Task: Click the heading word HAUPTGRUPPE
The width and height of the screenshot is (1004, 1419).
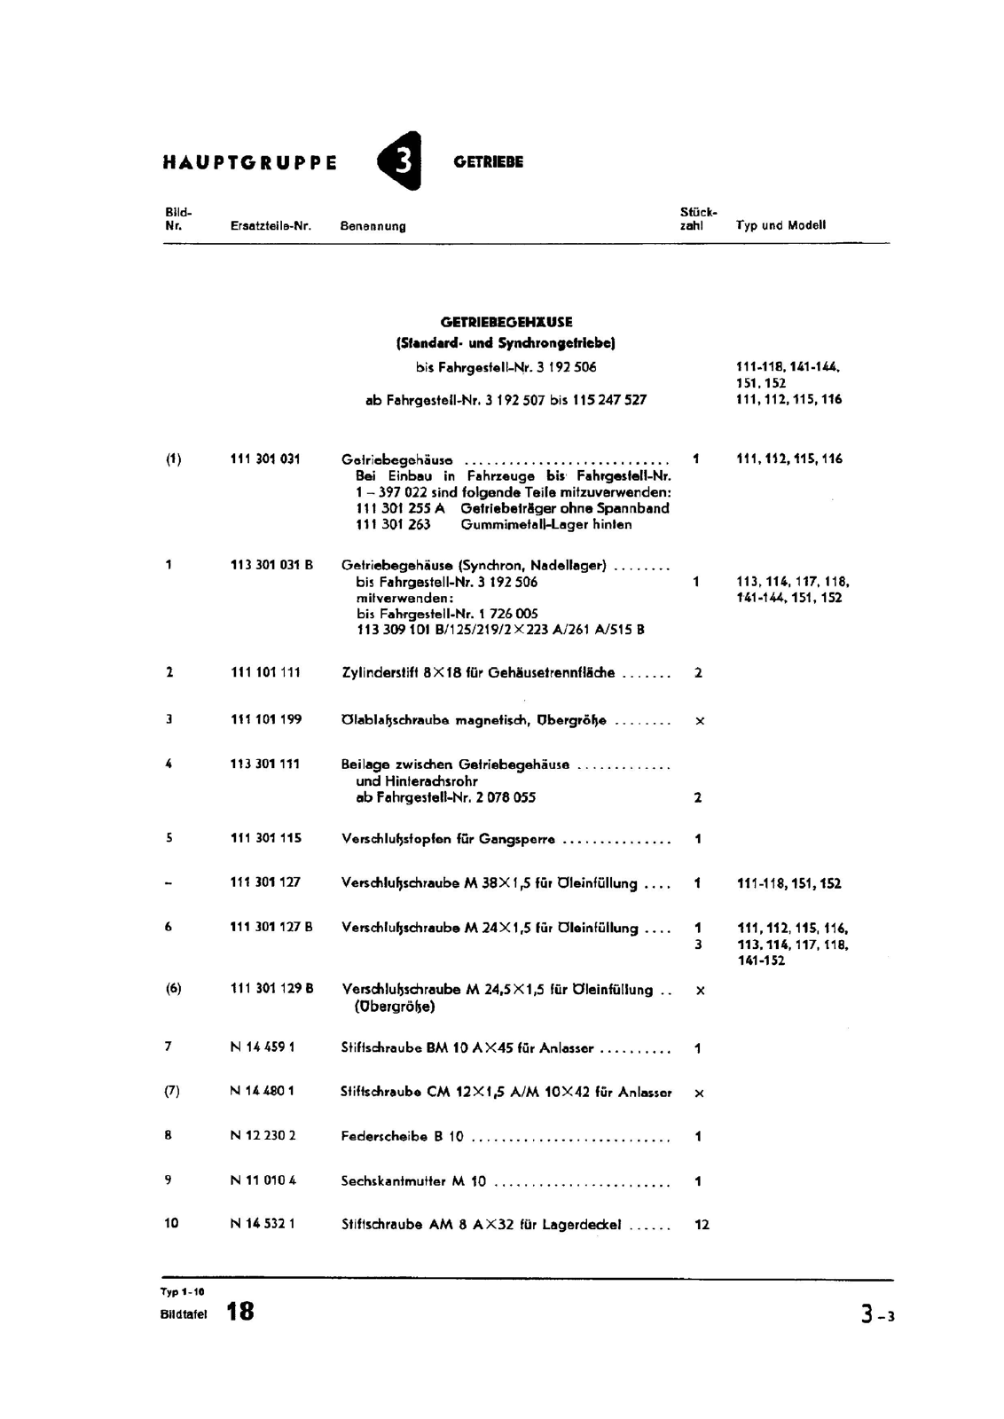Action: click(250, 163)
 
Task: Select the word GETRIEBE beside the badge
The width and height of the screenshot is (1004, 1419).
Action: click(488, 162)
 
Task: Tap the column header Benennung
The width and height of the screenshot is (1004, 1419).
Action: click(373, 226)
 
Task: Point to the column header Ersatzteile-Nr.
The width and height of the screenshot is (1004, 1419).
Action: click(271, 226)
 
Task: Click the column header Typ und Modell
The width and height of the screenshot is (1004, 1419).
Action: click(780, 225)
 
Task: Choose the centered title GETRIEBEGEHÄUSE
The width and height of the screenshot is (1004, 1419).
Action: click(506, 323)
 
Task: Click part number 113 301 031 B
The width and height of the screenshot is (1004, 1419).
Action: click(271, 564)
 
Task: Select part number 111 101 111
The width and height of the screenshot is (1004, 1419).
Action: click(265, 672)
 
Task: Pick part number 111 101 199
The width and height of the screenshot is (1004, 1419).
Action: click(265, 719)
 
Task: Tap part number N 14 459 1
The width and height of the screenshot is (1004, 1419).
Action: click(263, 1047)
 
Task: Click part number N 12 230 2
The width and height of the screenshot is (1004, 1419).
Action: click(263, 1135)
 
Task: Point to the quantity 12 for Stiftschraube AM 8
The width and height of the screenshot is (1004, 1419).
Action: click(702, 1225)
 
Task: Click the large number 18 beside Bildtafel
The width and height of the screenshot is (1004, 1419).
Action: click(239, 1312)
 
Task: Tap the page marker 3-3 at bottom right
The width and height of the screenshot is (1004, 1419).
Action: click(876, 1316)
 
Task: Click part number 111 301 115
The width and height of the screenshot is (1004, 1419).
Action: click(265, 838)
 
